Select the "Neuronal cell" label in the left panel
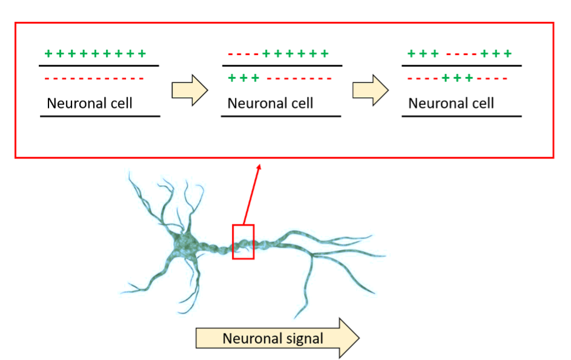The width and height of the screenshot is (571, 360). (90, 103)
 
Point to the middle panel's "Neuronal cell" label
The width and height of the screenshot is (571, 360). (270, 103)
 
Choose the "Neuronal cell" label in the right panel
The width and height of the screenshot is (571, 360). (451, 103)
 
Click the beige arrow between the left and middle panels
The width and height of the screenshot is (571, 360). (190, 90)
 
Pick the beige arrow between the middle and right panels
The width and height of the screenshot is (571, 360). (371, 90)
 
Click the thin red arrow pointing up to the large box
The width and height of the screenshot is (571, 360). (252, 194)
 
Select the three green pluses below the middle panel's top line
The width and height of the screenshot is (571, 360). (243, 78)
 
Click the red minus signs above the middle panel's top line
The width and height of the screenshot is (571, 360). (243, 54)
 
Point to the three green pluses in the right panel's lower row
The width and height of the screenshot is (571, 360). (457, 78)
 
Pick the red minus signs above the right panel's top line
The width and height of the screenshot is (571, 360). (461, 54)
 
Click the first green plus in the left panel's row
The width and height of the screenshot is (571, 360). (48, 54)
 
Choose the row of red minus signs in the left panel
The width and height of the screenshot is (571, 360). (94, 79)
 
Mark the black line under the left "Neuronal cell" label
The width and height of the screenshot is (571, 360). (100, 117)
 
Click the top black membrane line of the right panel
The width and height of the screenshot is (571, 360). (462, 66)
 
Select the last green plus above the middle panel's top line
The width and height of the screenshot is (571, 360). (325, 54)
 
